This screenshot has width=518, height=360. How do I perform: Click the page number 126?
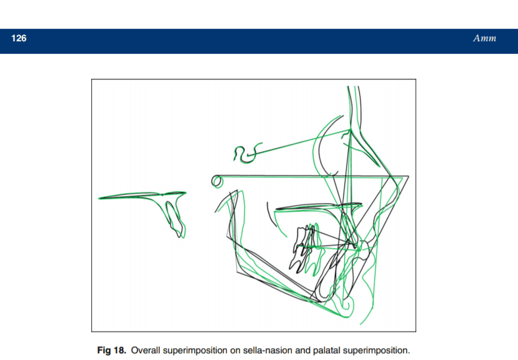tap(19, 38)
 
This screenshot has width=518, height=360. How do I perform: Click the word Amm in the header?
tap(484, 38)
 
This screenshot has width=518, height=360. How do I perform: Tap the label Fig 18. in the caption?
tap(112, 350)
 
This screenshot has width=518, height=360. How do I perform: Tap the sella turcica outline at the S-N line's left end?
tap(245, 153)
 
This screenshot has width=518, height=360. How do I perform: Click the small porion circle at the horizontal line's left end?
tap(217, 181)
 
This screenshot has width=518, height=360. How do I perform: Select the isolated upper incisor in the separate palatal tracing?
tap(174, 219)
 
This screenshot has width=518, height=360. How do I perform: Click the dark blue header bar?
tap(259, 41)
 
